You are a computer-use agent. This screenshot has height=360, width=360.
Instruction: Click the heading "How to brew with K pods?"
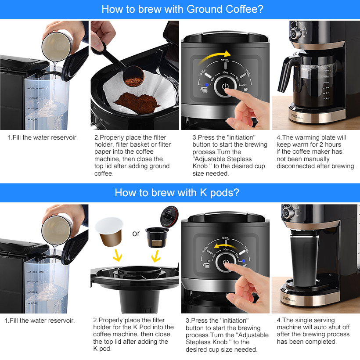pos(180,192)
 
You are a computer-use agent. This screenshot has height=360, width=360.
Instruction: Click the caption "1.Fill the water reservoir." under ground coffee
pos(43,137)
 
